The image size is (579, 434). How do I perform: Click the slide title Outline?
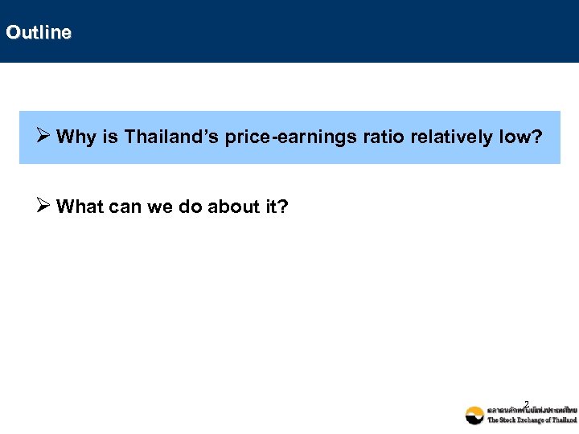(x=38, y=32)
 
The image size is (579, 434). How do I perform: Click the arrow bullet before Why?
(x=45, y=137)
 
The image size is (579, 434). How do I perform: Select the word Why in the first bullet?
(x=77, y=137)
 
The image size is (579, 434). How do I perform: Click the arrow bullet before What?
(x=45, y=207)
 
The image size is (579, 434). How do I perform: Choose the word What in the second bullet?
(x=80, y=207)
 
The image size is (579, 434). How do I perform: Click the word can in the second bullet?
(x=127, y=207)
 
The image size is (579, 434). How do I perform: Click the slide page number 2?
(x=526, y=403)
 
